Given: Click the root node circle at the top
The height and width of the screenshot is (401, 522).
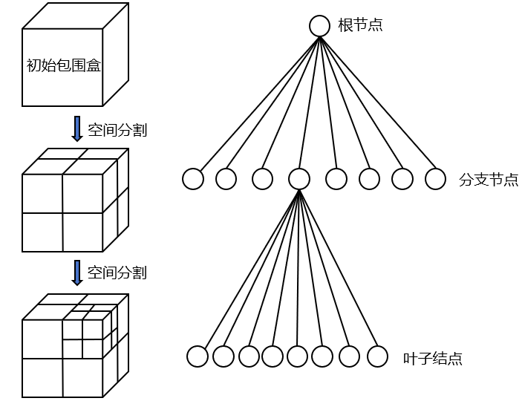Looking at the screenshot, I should [319, 26].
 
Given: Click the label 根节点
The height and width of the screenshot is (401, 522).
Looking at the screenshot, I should [360, 26].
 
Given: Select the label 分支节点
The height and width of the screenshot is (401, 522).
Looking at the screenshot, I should [489, 180].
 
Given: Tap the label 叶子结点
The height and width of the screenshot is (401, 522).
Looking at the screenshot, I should [432, 359].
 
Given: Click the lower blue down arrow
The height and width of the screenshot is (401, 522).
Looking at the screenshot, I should [76, 273].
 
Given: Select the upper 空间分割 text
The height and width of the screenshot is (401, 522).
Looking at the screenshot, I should [117, 130].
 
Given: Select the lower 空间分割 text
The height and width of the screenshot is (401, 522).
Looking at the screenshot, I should [117, 273].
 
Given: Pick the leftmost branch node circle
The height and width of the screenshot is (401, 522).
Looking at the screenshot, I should [193, 179].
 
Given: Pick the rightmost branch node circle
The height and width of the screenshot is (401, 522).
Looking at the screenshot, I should [435, 179].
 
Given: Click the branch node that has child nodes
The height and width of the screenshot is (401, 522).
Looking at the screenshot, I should [298, 179].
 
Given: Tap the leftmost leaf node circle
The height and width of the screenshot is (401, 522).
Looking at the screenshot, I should [198, 356].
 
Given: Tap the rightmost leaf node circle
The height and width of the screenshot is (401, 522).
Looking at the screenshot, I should [378, 356].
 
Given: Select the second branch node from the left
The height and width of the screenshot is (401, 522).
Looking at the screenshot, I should [226, 179].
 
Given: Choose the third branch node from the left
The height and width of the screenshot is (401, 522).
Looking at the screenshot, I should [262, 179].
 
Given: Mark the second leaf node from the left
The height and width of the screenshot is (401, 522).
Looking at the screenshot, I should [223, 356].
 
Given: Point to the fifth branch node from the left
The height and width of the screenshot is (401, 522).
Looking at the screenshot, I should [336, 179].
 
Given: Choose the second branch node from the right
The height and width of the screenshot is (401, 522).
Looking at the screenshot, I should [402, 179].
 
